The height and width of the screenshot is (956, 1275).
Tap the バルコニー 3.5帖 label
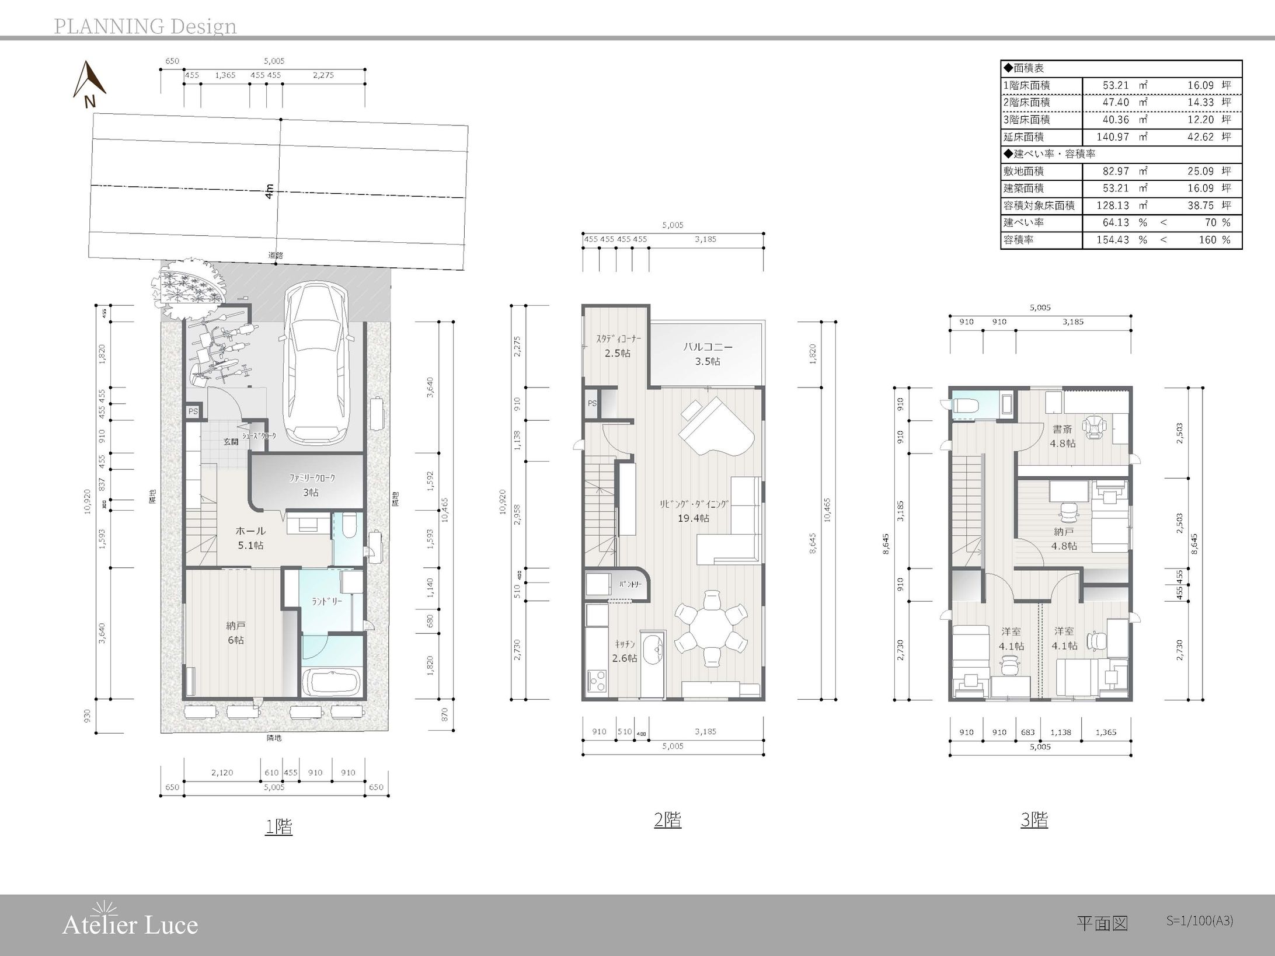(x=708, y=354)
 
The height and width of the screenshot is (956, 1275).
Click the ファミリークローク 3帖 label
(x=312, y=485)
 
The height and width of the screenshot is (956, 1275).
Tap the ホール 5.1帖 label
(x=250, y=538)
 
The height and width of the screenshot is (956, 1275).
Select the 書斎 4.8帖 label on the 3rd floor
(x=1062, y=436)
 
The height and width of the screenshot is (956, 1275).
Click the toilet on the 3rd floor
(x=966, y=404)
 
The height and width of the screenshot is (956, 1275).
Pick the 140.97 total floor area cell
(x=1116, y=137)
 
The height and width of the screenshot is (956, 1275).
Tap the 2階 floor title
(x=667, y=819)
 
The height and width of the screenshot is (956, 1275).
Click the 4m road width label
(x=269, y=191)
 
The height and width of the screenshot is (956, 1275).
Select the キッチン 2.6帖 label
(x=624, y=651)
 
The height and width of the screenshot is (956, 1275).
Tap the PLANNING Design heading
(x=145, y=26)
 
